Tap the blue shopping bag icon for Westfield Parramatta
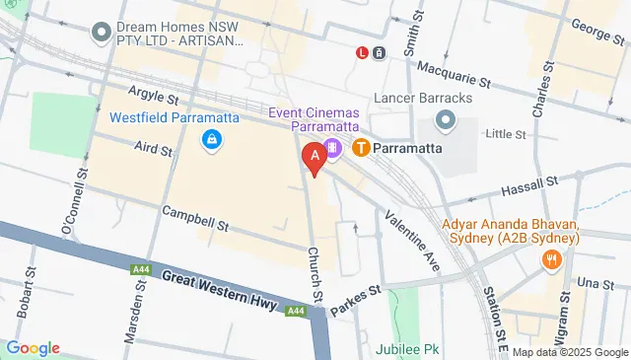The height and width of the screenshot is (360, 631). point(211,142)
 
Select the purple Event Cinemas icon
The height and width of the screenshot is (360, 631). point(333,148)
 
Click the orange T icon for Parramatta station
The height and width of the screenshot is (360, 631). point(361,148)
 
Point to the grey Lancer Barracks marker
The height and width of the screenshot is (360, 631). point(445,120)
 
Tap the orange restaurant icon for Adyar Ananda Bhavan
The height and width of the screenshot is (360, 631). point(551,259)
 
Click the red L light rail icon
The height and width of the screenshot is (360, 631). point(363,52)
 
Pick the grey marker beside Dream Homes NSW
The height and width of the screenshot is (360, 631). point(100,34)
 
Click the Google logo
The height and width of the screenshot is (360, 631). point(33,348)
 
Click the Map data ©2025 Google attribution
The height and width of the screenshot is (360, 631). point(569,352)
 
